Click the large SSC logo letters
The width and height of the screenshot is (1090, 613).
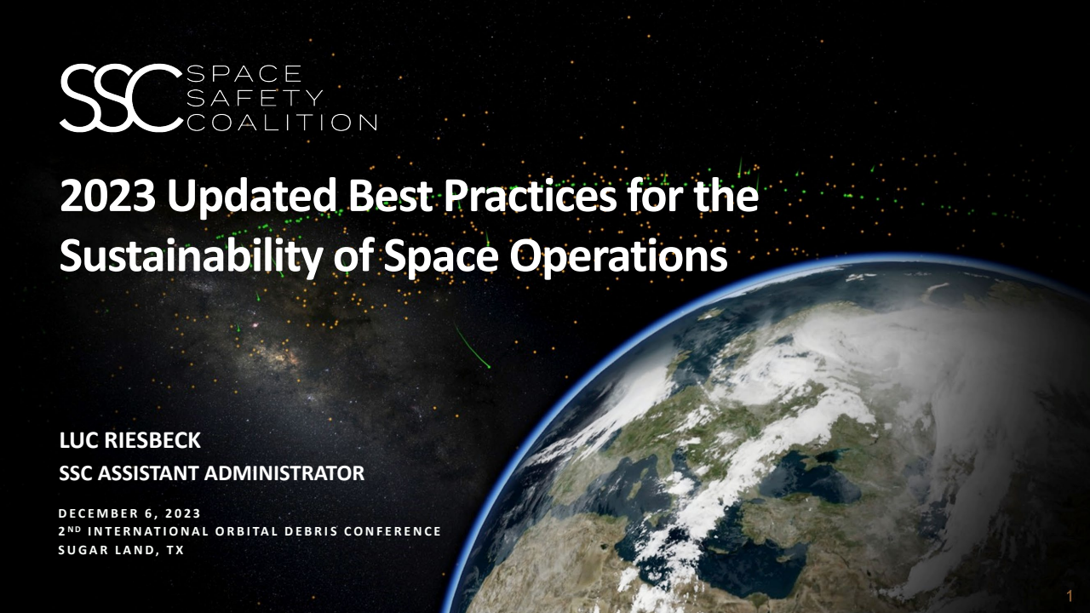(120, 98)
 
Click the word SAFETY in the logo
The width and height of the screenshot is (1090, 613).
(255, 98)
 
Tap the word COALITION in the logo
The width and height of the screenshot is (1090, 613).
(281, 123)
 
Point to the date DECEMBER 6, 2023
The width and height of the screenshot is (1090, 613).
(129, 513)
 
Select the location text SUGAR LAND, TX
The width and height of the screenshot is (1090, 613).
(121, 550)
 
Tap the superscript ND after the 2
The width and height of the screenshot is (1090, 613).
(73, 529)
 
